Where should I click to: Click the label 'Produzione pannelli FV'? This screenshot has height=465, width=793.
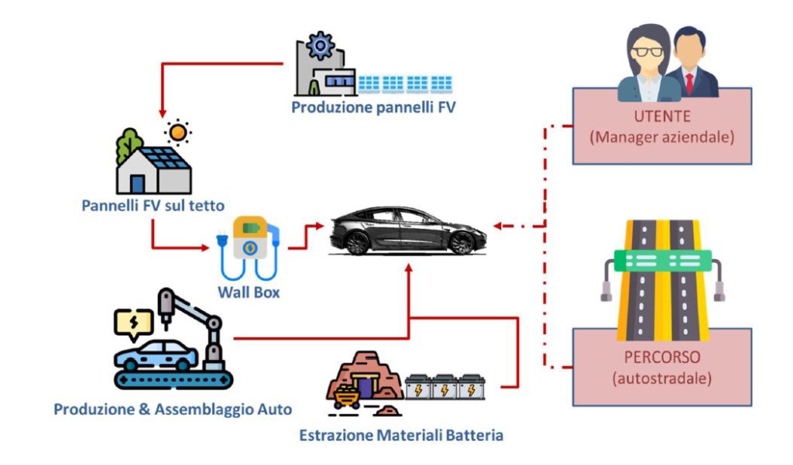[x=373, y=108]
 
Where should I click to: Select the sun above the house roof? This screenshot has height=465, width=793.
[x=179, y=132]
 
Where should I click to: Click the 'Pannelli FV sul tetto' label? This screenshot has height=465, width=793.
[x=153, y=206]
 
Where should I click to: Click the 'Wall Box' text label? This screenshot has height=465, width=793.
[x=250, y=293]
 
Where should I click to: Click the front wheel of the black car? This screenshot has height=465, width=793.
[x=462, y=243]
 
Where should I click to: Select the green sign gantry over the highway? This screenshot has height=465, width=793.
[x=661, y=262]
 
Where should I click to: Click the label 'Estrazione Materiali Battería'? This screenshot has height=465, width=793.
[x=401, y=436]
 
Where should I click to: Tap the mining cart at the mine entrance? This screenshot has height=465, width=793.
[x=346, y=397]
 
